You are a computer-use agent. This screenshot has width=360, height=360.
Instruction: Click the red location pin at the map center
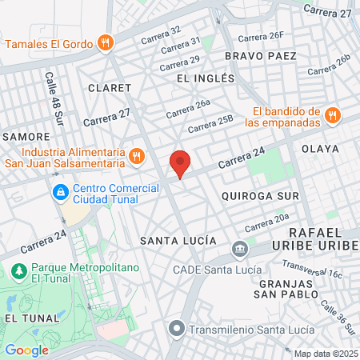pos(180,163)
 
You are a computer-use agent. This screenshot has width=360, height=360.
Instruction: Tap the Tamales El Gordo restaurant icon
pos(104,42)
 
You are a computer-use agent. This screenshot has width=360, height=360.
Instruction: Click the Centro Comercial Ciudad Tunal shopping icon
pos(59,193)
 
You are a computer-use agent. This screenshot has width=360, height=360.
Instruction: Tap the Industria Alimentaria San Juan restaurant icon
pos(137,156)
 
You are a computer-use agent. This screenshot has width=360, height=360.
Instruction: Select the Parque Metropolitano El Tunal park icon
pos(18,272)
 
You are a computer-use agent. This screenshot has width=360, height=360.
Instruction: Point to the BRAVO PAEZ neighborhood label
pos(261,56)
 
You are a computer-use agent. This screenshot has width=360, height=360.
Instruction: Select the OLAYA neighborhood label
pos(320,149)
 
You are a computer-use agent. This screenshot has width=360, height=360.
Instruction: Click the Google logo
pos(26,350)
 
